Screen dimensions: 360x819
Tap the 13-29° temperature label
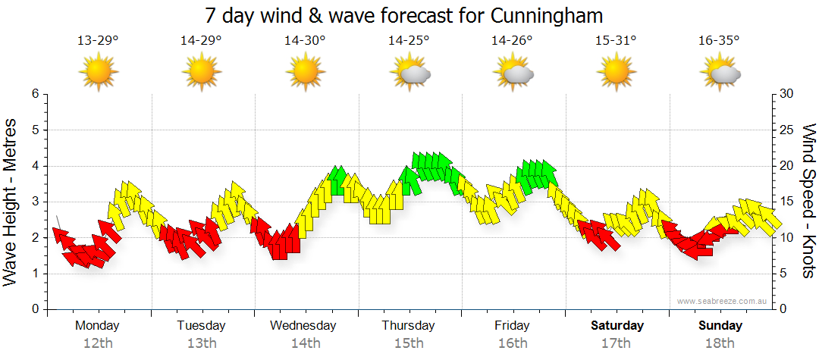(x=98, y=41)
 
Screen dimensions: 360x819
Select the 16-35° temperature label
(x=719, y=41)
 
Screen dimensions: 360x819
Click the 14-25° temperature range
(x=409, y=41)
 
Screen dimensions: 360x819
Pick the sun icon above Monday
(x=99, y=73)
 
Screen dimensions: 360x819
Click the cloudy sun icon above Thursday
(x=410, y=73)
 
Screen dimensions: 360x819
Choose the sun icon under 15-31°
(x=616, y=73)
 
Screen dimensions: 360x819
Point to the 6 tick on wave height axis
(x=34, y=94)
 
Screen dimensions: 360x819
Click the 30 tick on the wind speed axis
(x=786, y=94)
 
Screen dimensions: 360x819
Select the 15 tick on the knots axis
(x=786, y=202)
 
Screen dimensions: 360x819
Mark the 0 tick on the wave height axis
(x=34, y=309)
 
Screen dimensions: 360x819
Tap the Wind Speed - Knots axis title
(x=808, y=202)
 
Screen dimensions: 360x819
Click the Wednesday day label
(x=303, y=326)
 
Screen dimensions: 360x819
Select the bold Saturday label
(x=617, y=326)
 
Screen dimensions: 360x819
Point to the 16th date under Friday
(x=512, y=343)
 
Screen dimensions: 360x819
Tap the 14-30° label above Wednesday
(x=305, y=41)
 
